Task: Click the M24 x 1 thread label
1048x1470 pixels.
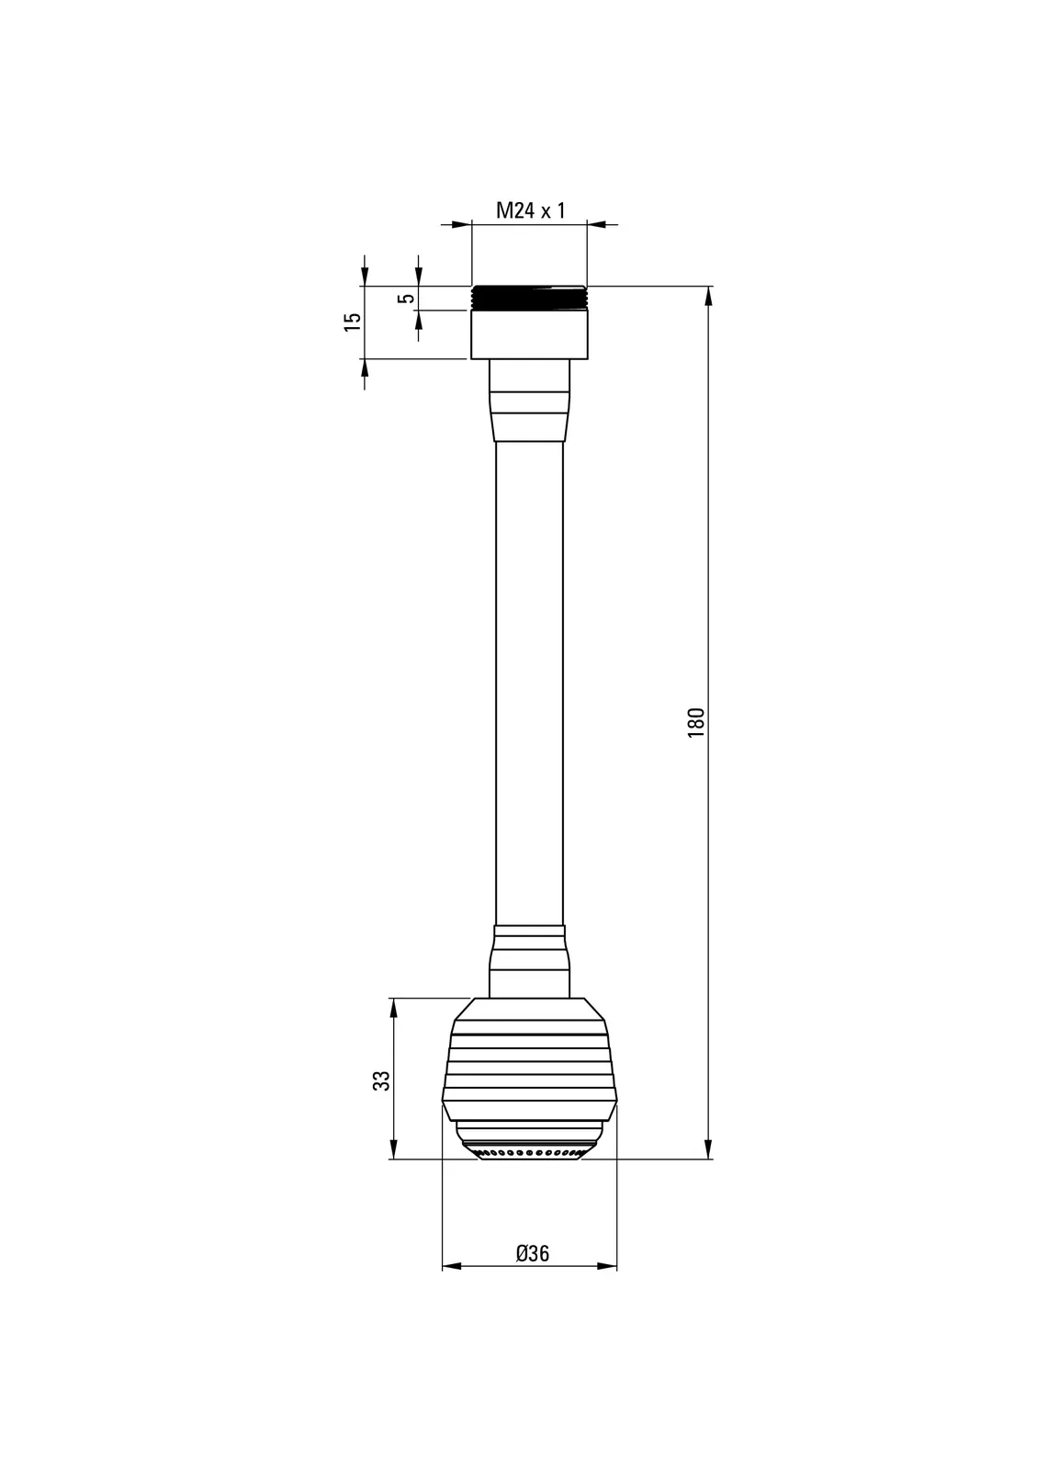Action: coord(530,210)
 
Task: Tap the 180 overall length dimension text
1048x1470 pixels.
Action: coord(695,722)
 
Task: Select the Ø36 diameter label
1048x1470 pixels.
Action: coord(532,1254)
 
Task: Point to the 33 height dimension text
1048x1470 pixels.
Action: coord(381,1080)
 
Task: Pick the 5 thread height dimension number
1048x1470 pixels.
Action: coord(407,298)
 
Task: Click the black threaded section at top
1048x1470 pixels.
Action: coord(529,298)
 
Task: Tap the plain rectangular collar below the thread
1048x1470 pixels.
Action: coord(529,334)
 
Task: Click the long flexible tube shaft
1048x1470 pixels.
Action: coord(529,684)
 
